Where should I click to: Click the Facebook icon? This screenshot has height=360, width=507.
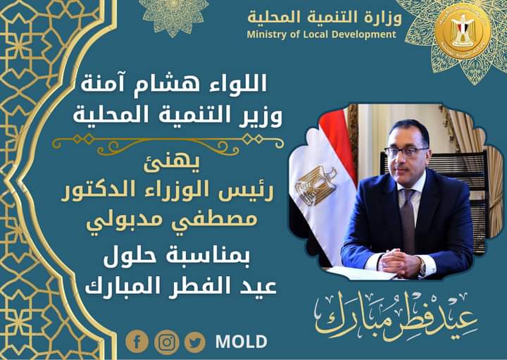click(x=137, y=342)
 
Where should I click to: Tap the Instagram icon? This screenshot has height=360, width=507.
click(x=166, y=342)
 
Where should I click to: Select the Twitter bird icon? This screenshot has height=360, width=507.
click(x=195, y=342)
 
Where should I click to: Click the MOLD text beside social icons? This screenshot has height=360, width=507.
click(x=242, y=342)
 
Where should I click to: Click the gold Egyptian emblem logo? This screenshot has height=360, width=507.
click(x=463, y=31)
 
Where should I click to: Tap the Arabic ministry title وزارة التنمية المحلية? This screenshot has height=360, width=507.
click(x=325, y=17)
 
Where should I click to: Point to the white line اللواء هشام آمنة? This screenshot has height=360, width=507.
click(x=174, y=83)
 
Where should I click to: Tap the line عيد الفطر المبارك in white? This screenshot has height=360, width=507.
click(x=180, y=285)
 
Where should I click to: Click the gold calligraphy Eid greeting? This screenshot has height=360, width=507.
click(x=396, y=316)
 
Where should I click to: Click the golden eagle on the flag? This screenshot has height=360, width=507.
click(x=315, y=186)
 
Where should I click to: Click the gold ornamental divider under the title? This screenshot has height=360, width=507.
click(x=168, y=144)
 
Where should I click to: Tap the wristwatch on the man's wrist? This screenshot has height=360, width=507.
click(x=422, y=268)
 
